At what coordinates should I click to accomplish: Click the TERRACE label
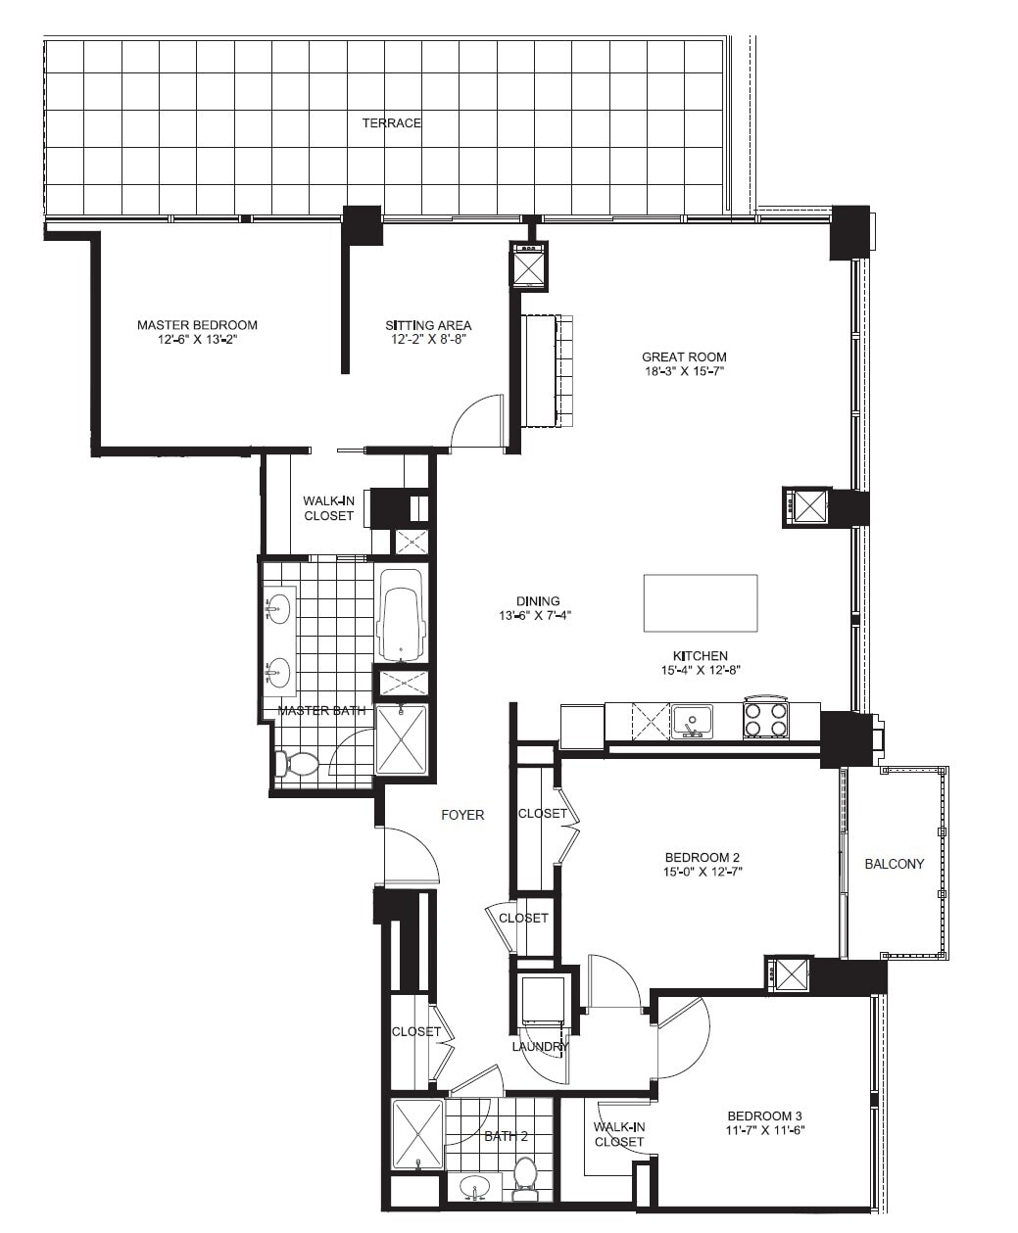click(x=392, y=123)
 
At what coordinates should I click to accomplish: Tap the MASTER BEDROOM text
click(x=197, y=325)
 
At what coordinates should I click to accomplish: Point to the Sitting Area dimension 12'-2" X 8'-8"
click(x=428, y=340)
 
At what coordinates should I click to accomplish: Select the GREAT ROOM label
click(x=684, y=357)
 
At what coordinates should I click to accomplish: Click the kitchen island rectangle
click(x=700, y=603)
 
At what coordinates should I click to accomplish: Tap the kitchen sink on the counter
click(x=692, y=722)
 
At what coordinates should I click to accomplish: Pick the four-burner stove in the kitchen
click(x=765, y=721)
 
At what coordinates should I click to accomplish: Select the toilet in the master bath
click(x=298, y=763)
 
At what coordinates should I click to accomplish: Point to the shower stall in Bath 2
click(x=417, y=1134)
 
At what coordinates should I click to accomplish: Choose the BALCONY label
click(x=894, y=864)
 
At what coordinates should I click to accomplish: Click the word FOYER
click(x=462, y=815)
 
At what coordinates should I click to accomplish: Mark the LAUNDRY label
click(x=540, y=1047)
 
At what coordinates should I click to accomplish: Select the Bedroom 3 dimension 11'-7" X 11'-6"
click(x=765, y=1130)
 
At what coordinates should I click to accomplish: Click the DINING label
click(x=538, y=601)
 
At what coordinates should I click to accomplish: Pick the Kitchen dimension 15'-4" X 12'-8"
click(x=700, y=671)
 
